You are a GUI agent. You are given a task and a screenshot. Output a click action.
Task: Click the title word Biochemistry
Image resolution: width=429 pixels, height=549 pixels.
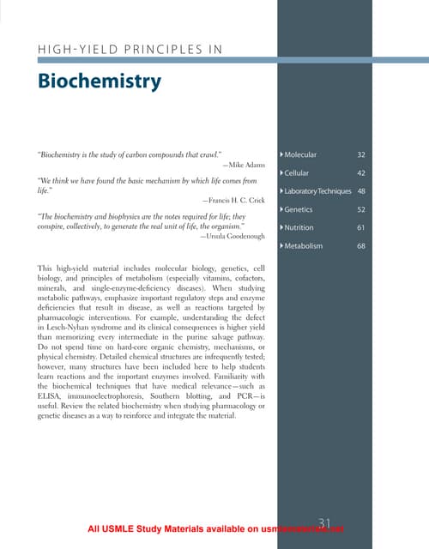tap(100, 81)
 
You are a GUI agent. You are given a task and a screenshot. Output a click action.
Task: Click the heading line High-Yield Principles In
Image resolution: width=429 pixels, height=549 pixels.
tap(130, 49)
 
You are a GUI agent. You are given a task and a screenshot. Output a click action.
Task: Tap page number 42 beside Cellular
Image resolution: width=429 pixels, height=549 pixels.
tap(361, 172)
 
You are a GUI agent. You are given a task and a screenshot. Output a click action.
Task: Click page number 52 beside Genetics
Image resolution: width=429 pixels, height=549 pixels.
tap(361, 209)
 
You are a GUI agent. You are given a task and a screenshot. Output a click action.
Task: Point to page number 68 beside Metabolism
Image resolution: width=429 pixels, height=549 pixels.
tap(361, 246)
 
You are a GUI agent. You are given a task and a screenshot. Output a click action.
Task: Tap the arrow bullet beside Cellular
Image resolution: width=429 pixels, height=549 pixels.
tap(282, 172)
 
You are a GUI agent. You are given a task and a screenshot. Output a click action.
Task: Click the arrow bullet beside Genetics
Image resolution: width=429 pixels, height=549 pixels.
tap(282, 209)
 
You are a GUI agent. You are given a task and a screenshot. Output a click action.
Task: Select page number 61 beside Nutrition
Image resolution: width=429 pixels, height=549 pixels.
tap(361, 227)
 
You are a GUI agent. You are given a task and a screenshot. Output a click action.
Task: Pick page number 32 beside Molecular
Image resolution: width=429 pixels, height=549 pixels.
tap(361, 154)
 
